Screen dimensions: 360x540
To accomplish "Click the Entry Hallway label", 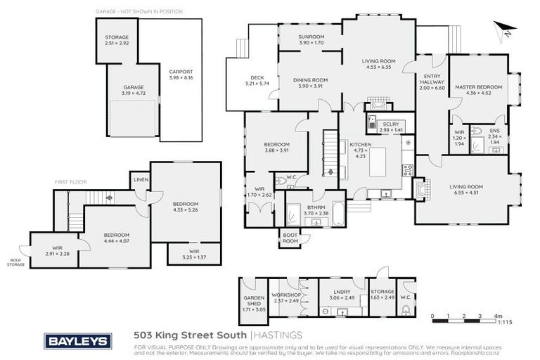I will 432,79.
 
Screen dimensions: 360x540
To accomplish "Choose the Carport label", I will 180,73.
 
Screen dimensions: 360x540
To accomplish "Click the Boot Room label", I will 290,238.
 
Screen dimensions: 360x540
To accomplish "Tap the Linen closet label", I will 140,179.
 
